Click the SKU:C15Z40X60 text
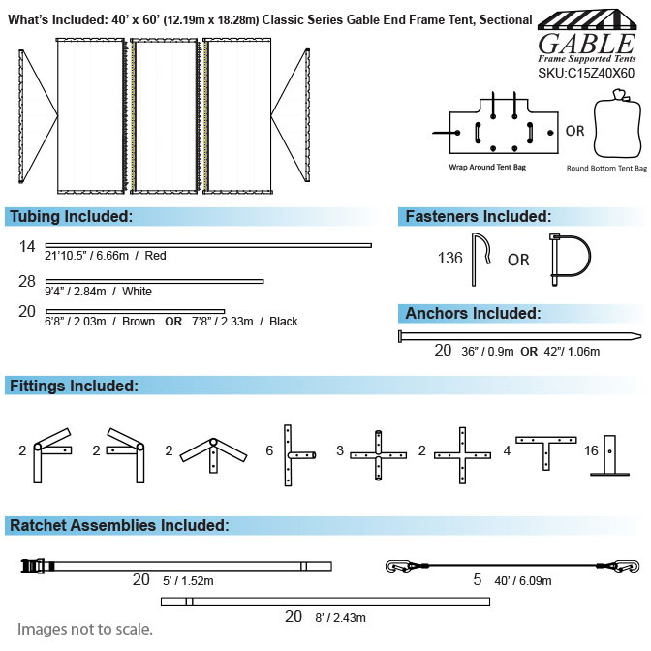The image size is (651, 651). pos(586,73)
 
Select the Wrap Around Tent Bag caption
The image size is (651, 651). pos(487,167)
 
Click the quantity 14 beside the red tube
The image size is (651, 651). pos(27,246)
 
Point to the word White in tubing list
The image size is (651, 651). pos(137,291)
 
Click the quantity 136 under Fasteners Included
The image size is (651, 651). pos(450,258)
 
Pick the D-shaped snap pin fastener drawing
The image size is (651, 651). pos(570,260)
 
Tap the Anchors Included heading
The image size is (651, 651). pos(473,313)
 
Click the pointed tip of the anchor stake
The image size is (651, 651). pos(640,335)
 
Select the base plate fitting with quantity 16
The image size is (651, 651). pos(609,455)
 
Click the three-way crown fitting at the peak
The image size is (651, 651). pos(213,454)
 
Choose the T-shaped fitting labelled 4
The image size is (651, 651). pos(546,452)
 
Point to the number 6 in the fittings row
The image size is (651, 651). pos(269,450)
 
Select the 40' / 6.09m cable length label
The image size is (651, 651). pos(523,581)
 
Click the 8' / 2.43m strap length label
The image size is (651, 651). pos(340,618)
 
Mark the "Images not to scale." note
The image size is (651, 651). pos(84,630)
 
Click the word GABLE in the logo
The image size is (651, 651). pos(586,44)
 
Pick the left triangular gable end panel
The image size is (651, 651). pos(38,116)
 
